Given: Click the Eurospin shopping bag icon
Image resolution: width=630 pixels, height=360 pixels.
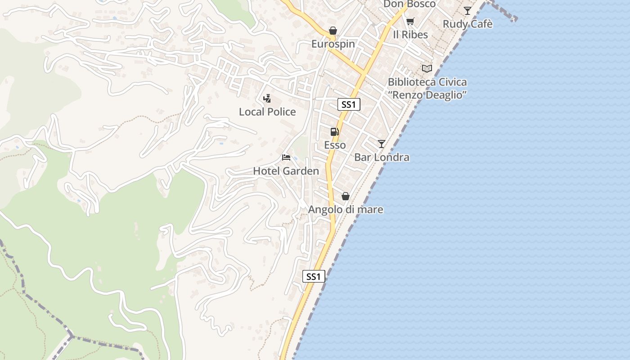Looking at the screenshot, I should (x=333, y=31).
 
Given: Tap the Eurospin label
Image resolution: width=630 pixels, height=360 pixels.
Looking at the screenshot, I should (x=333, y=44).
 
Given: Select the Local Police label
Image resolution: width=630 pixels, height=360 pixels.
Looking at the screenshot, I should (x=267, y=112).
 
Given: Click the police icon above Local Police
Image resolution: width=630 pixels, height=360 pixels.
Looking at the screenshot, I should (x=267, y=98).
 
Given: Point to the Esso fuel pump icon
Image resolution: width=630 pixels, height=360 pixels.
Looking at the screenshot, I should (x=334, y=132).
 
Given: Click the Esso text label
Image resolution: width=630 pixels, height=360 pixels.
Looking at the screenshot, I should (x=335, y=145).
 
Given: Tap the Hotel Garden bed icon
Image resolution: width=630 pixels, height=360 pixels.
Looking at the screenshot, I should (x=286, y=157).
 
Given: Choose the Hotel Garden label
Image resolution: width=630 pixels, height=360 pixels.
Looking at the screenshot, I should (x=286, y=171).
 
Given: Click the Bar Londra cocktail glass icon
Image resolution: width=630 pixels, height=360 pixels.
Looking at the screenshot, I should (x=381, y=144).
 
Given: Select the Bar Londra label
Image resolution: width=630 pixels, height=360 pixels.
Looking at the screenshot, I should (x=382, y=157).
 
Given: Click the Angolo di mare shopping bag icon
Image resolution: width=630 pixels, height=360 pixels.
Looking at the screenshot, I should (x=345, y=196).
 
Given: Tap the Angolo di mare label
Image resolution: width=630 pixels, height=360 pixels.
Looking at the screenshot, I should (x=345, y=210).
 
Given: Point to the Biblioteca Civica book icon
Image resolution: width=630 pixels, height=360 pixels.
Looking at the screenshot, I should (x=427, y=68).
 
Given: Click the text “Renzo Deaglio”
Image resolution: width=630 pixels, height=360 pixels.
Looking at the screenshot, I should (x=427, y=95).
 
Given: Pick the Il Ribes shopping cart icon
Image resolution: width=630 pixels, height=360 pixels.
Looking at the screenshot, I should (x=410, y=21).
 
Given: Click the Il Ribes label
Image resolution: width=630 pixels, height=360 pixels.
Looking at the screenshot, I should (x=410, y=35).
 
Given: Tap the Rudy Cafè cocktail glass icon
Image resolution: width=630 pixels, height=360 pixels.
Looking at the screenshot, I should (x=468, y=11).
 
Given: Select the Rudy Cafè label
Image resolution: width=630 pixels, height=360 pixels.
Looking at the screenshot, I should (x=468, y=24).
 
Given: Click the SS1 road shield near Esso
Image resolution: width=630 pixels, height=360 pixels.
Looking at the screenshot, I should (x=349, y=105).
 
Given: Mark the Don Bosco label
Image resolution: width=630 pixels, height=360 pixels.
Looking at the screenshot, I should (x=409, y=4).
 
